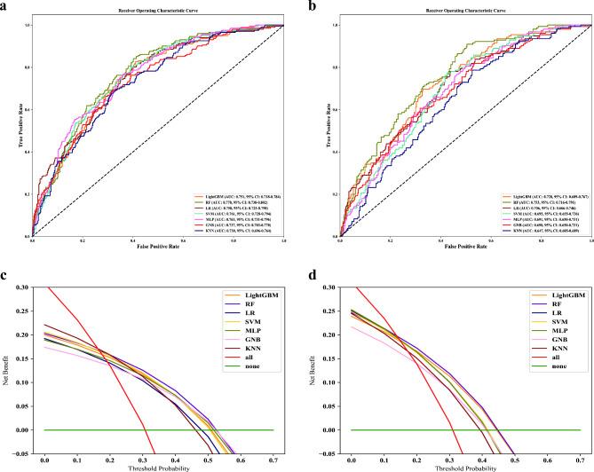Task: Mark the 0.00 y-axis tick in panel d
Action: click(329, 429)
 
